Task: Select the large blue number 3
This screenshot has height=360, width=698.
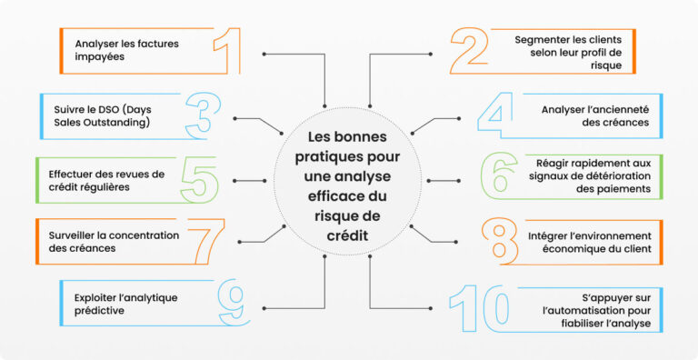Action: (201, 115)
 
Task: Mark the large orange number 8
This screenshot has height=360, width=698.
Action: (498, 241)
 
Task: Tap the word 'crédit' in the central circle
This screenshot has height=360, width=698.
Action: (348, 235)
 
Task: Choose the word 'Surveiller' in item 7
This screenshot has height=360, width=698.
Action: (71, 235)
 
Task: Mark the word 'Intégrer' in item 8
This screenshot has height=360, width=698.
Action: (535, 235)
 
